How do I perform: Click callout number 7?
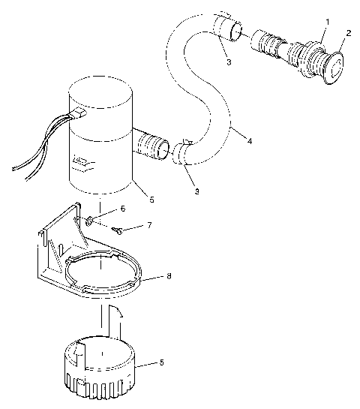click(x=148, y=224)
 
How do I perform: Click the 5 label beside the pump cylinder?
click(x=151, y=200)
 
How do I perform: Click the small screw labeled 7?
click(x=118, y=230)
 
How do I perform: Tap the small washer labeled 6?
click(x=89, y=221)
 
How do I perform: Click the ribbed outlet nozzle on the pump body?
click(x=153, y=144)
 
